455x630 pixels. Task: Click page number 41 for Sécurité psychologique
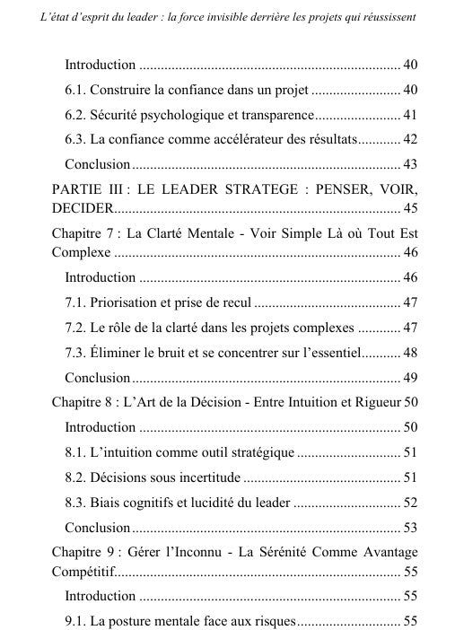410,115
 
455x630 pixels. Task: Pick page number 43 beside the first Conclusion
410,165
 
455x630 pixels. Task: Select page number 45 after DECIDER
410,209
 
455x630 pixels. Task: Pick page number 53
410,527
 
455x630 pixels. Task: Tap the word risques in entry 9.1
269,620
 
